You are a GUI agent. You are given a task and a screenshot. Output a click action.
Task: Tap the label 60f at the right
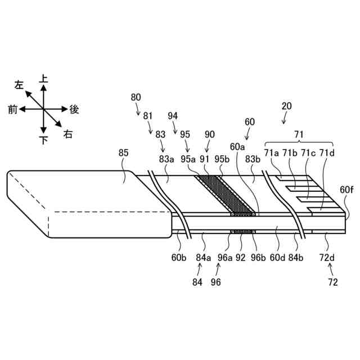(x=347, y=190)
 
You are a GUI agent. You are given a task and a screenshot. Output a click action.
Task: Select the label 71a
(x=272, y=152)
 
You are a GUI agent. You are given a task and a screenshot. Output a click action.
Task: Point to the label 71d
(x=326, y=152)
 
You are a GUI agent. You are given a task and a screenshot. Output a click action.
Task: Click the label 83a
(x=166, y=159)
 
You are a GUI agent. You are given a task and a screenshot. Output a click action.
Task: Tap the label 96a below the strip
(x=225, y=258)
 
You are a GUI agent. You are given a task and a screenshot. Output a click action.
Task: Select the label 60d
(x=276, y=258)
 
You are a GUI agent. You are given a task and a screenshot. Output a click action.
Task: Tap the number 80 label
(x=136, y=97)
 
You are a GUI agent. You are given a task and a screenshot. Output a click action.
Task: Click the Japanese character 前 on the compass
(x=12, y=110)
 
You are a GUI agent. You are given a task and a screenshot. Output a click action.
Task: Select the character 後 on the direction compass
(x=74, y=110)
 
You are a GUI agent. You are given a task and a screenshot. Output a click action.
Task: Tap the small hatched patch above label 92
(x=241, y=231)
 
